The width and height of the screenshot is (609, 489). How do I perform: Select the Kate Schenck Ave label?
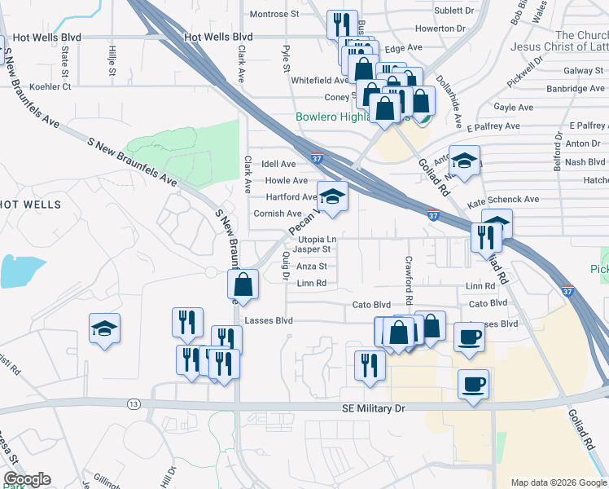(x=503, y=199)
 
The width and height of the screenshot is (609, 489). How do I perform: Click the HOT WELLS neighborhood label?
(x=18, y=203)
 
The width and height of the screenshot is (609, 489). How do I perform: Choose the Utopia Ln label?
(x=318, y=237)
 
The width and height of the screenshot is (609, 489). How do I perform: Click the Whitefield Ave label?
(x=320, y=81)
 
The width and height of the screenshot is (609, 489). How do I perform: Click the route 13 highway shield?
(x=134, y=403)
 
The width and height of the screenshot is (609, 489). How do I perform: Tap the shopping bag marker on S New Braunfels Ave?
(x=243, y=284)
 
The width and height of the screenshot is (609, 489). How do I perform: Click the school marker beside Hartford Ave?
(x=331, y=197)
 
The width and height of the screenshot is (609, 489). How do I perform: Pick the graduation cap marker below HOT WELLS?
(x=104, y=328)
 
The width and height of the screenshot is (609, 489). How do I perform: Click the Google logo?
(x=27, y=479)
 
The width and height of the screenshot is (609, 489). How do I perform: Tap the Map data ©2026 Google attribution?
(x=559, y=482)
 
